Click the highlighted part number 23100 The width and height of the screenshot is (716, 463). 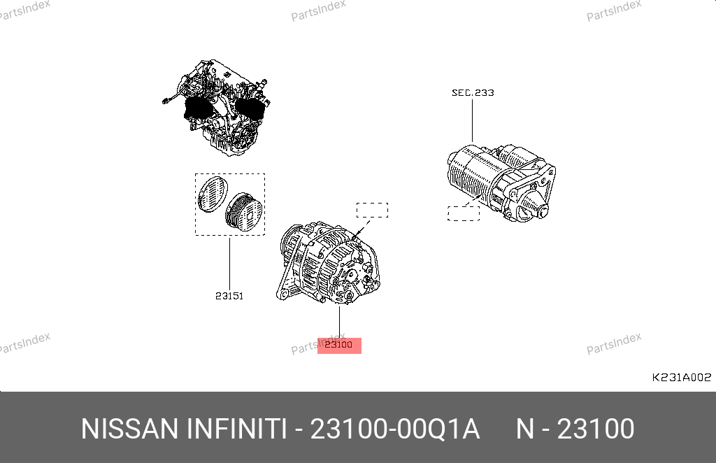pyautogui.click(x=339, y=345)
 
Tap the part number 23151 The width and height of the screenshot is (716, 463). pyautogui.click(x=229, y=296)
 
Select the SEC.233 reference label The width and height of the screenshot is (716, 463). pyautogui.click(x=473, y=93)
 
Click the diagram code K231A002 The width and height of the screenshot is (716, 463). pyautogui.click(x=681, y=377)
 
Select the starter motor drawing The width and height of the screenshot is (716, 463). pyautogui.click(x=501, y=182)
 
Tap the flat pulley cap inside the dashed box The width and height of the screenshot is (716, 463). pyautogui.click(x=213, y=194)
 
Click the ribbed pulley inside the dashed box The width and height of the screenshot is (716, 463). pyautogui.click(x=244, y=212)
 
